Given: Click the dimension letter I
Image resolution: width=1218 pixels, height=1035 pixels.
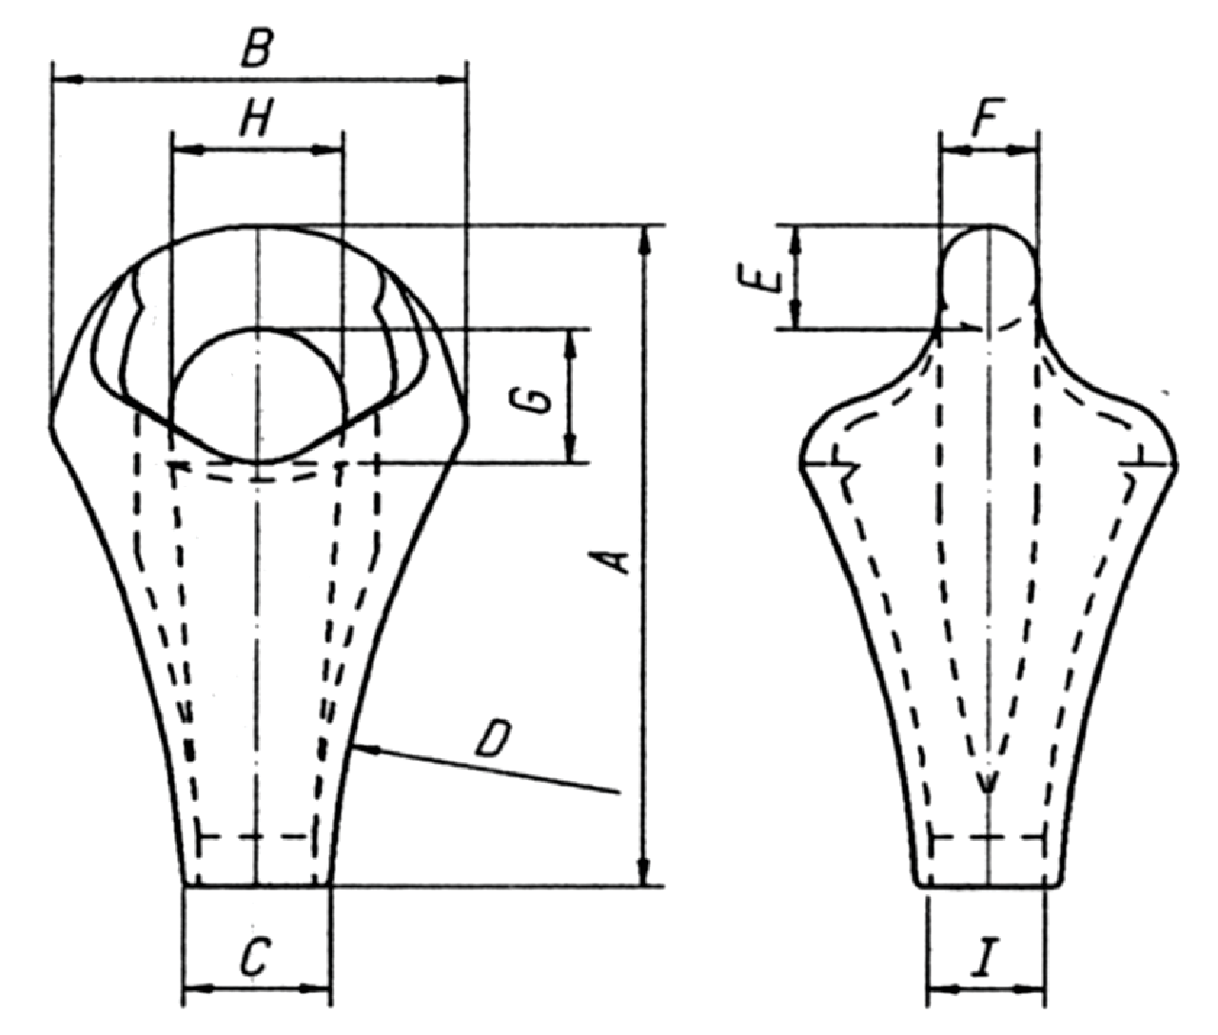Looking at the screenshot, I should point(984,961).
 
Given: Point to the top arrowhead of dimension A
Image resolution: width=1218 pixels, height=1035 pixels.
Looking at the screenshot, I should point(645,238).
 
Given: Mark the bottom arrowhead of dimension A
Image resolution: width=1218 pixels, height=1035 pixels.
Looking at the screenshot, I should point(645,875).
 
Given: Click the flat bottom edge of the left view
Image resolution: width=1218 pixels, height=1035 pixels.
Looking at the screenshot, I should point(257,886).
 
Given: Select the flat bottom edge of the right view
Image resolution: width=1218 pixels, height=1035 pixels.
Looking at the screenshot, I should point(990,886).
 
